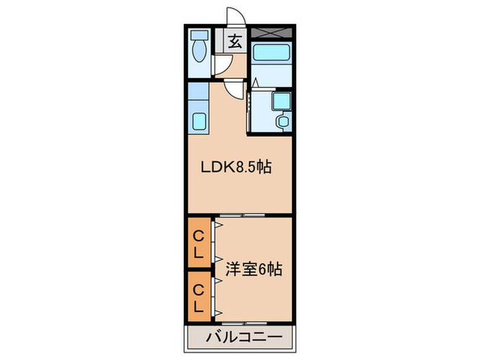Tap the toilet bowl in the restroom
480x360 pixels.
[x=200, y=51]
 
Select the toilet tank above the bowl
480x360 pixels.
[x=200, y=34]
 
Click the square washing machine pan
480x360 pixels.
[x=281, y=101]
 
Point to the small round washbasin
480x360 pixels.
[x=282, y=122]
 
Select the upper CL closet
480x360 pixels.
[x=198, y=243]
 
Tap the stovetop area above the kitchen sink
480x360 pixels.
[x=199, y=95]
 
